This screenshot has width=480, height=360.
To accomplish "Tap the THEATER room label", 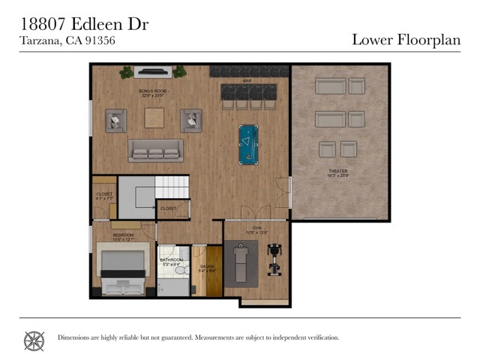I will (x=337, y=172).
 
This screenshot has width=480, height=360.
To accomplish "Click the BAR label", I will (x=246, y=80).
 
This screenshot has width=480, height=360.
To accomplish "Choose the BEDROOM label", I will (x=123, y=236).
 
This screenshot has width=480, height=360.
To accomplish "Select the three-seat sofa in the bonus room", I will (x=155, y=151).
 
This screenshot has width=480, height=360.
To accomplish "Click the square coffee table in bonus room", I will (x=155, y=118).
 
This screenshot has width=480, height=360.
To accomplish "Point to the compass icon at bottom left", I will (x=34, y=340).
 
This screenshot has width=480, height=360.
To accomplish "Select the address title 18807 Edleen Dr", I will (x=83, y=24).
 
